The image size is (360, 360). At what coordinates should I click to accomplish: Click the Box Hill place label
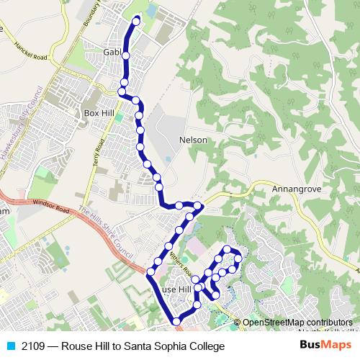[99, 113]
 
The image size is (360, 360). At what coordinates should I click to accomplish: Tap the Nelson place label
[193, 140]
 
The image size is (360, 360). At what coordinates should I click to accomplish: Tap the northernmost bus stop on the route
[135, 21]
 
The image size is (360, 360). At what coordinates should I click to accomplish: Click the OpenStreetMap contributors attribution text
[297, 323]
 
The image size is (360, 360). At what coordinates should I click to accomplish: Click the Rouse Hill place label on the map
[177, 289]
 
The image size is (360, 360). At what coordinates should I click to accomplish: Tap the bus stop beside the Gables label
[126, 55]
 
